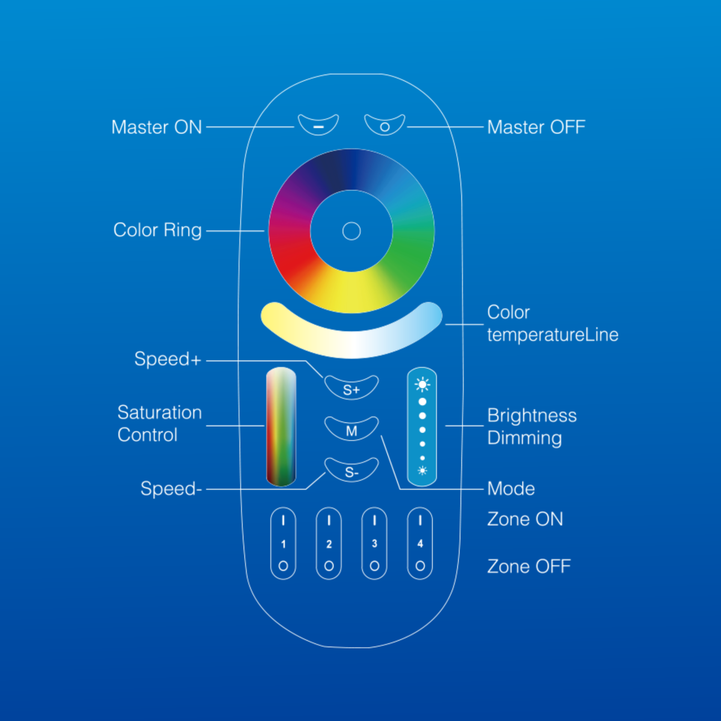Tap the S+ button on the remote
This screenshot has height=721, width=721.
(351, 389)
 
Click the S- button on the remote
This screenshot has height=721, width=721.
(351, 471)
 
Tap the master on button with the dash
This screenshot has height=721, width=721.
(318, 126)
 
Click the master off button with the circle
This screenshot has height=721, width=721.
(385, 126)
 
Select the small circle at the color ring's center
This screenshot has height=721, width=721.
(351, 231)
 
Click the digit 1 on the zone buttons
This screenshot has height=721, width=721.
(284, 544)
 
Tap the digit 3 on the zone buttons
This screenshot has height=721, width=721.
(374, 543)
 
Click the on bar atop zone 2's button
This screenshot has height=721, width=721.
(329, 520)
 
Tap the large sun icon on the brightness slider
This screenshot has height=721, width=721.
(422, 385)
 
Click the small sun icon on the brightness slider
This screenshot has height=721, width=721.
(422, 471)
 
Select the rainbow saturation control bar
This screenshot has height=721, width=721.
(281, 426)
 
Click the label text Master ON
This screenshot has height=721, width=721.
(157, 127)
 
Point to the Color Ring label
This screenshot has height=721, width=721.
(157, 230)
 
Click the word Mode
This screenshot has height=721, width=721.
(511, 489)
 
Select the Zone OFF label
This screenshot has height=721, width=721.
(529, 566)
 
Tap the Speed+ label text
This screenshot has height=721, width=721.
(167, 359)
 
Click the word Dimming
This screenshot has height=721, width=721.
(524, 438)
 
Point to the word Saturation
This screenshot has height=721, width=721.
(160, 412)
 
